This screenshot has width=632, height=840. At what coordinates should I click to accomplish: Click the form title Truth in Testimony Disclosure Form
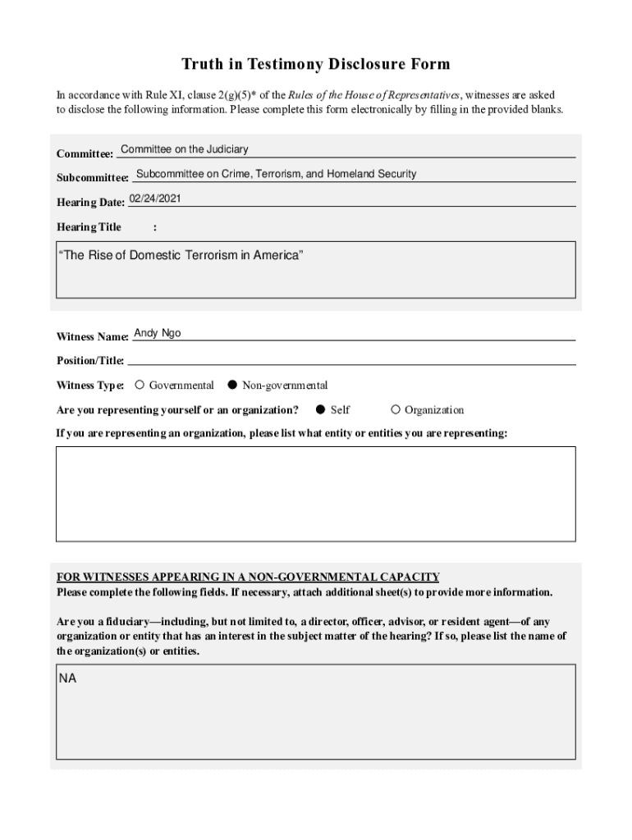coord(316,64)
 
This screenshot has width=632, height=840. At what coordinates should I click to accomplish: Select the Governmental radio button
coord(140,385)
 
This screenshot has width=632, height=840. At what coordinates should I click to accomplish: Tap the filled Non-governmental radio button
coord(232,385)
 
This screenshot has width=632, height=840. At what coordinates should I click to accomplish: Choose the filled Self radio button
coord(321,409)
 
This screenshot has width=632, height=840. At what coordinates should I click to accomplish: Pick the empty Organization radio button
coord(396,409)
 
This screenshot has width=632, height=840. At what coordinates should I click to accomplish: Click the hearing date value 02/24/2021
coord(155,199)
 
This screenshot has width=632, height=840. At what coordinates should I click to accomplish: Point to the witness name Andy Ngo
coord(158,333)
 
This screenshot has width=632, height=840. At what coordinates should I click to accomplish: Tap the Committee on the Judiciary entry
coord(184,149)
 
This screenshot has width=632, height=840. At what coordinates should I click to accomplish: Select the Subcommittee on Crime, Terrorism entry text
coord(276,174)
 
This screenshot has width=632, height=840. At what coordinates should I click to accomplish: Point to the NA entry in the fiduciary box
coord(67,679)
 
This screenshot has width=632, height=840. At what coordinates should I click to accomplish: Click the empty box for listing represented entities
coord(315,493)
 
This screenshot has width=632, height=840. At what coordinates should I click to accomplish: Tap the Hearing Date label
coord(89,203)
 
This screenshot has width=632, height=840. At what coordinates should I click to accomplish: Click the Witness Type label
coord(89,386)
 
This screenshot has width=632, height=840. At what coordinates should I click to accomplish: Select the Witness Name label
coord(92,337)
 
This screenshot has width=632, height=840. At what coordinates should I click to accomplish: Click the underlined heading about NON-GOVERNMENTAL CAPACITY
coord(248,577)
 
